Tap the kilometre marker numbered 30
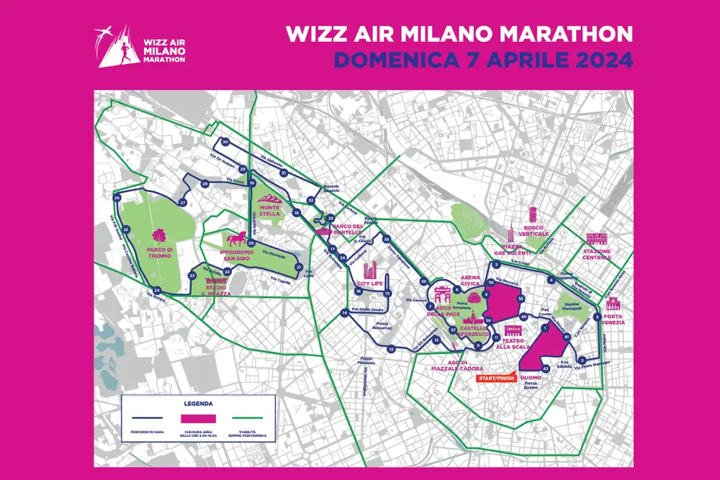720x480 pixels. [x=225, y=142]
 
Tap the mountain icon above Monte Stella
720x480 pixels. [x=269, y=194]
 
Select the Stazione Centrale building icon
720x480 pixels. [x=597, y=239]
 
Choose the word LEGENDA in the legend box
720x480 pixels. [x=199, y=404]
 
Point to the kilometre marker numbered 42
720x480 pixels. [x=546, y=368]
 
